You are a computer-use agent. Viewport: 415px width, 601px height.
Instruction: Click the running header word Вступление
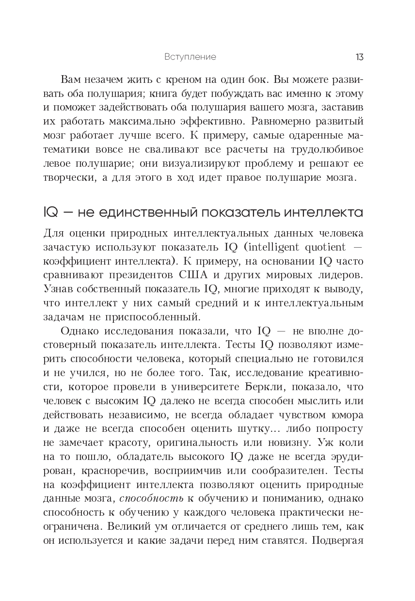(x=190, y=57)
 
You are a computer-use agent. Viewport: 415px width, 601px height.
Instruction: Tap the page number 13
(x=359, y=57)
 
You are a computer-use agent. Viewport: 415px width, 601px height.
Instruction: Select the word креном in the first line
(x=173, y=79)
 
